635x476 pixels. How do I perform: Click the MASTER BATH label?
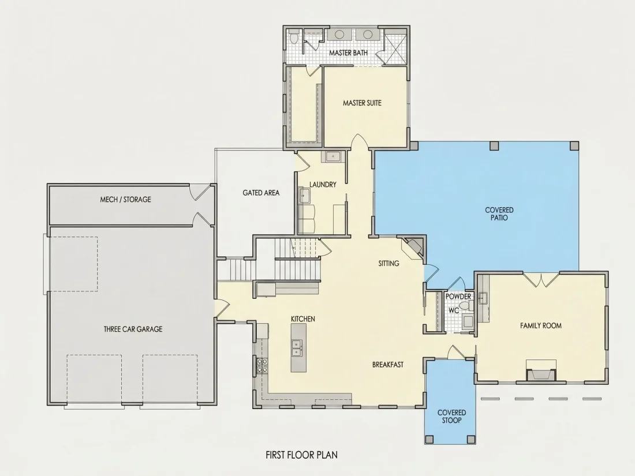click(348, 53)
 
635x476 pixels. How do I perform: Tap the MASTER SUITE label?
click(362, 103)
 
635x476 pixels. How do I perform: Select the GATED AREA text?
click(261, 193)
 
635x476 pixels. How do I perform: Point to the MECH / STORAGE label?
click(125, 199)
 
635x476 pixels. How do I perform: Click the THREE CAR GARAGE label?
click(133, 329)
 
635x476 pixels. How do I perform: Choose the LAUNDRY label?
click(323, 185)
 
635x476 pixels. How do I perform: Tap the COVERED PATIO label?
click(499, 213)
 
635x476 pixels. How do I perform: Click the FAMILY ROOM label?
click(541, 325)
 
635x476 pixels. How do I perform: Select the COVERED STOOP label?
click(451, 417)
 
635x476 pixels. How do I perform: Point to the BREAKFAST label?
click(387, 365)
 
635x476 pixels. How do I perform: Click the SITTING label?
click(389, 264)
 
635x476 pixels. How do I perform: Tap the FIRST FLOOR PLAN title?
click(302, 455)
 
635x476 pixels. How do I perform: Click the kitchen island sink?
click(297, 348)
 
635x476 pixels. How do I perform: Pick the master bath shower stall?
click(395, 46)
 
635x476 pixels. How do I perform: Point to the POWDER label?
click(458, 297)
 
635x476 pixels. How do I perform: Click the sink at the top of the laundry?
click(333, 156)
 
